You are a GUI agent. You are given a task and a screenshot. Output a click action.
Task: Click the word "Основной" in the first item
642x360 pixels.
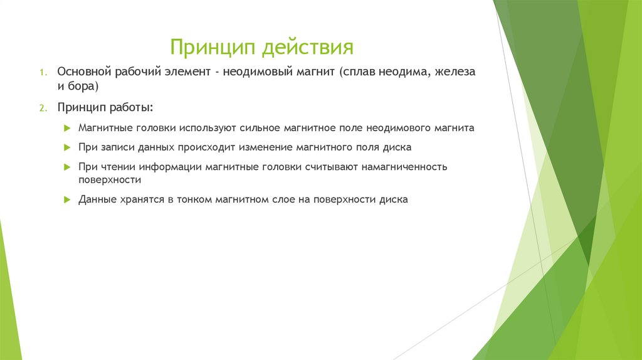point(83,72)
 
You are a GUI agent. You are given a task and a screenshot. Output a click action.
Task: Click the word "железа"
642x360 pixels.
point(455,72)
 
